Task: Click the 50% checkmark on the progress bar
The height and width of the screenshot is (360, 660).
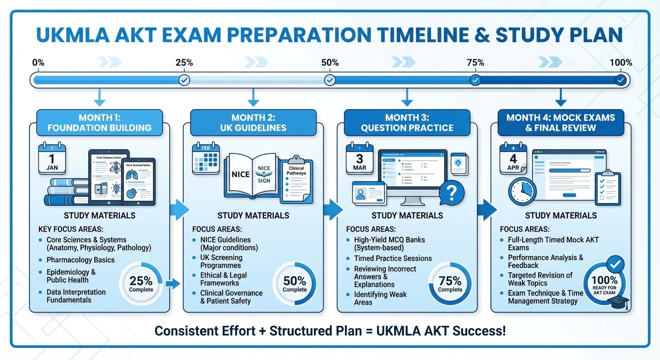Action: coord(330,80)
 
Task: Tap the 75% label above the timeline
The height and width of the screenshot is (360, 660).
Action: coord(475,63)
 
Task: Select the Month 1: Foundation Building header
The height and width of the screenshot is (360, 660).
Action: coord(99,123)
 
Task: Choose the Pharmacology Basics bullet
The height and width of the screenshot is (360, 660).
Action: coord(80,260)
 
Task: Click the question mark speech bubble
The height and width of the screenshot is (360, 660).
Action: coord(452,192)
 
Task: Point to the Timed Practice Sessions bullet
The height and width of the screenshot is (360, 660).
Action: coord(393,258)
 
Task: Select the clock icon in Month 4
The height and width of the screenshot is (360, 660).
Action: coord(522,192)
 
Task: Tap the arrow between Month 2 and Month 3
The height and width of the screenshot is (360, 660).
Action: coord(333,210)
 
